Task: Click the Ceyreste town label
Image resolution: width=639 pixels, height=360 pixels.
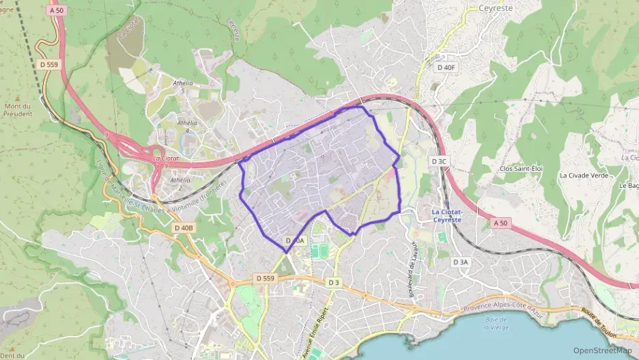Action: point(495,8)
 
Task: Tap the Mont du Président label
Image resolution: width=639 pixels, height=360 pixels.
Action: point(18,109)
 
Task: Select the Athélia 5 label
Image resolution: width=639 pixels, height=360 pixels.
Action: point(183,86)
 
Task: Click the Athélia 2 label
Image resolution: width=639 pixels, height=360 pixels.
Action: point(180,184)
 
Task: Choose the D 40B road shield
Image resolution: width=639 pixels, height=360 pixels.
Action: point(184,227)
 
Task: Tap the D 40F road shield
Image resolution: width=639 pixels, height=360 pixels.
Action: point(445,67)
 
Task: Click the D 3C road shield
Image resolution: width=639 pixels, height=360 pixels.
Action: point(438,161)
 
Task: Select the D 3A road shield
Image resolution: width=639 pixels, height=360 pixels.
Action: point(461,262)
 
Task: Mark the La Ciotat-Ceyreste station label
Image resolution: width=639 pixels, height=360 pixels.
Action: point(447,215)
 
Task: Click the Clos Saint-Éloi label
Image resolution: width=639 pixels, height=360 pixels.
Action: point(520,168)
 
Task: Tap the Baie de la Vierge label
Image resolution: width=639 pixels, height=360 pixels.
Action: point(496,323)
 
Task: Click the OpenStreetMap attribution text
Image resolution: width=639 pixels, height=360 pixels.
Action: point(602,350)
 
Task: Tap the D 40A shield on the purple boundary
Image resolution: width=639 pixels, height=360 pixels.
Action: point(295,241)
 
